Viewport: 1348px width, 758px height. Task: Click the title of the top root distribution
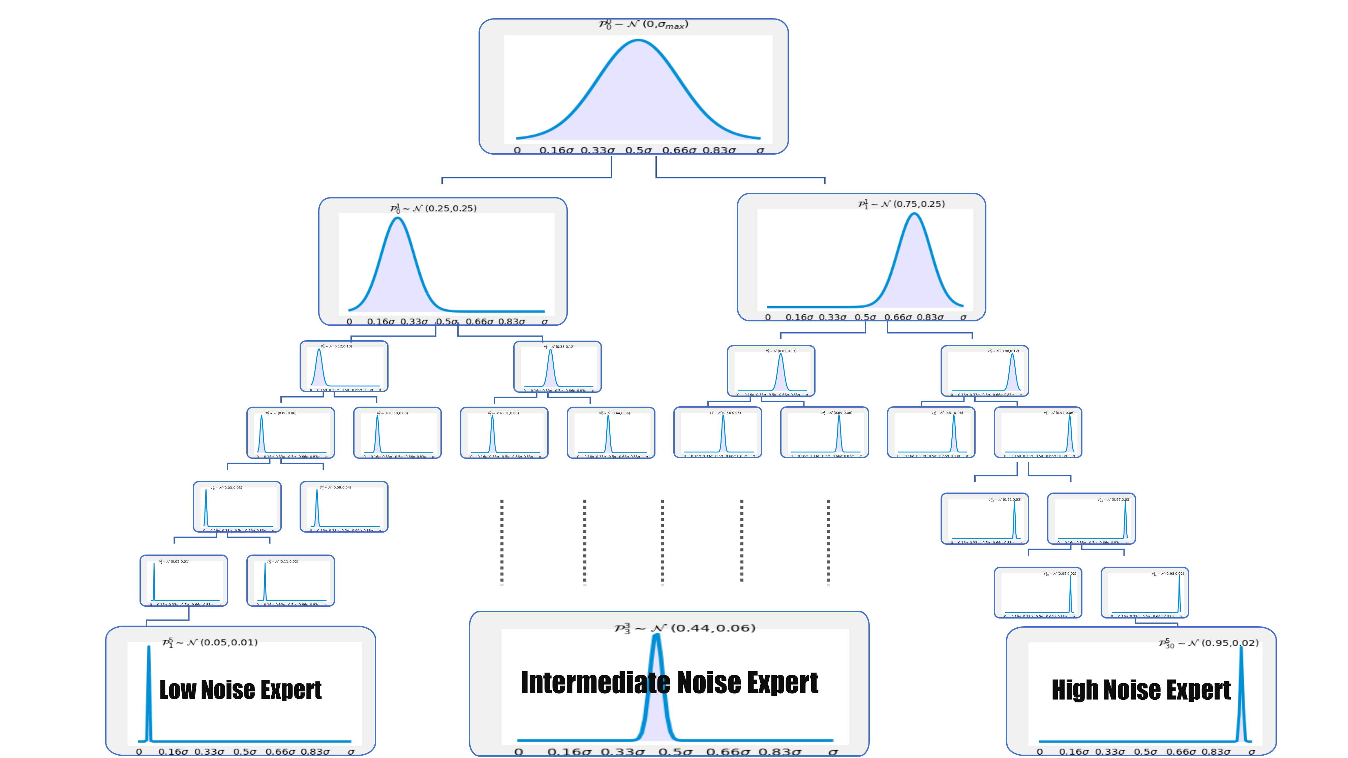pos(643,25)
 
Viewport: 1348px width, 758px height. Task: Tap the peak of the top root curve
pos(638,41)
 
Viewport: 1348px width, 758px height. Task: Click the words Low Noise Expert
pos(240,690)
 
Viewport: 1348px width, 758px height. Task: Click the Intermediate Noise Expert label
pos(669,683)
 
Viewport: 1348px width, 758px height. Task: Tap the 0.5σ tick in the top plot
pos(638,151)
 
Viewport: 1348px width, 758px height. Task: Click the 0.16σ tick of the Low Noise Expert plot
pos(173,752)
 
